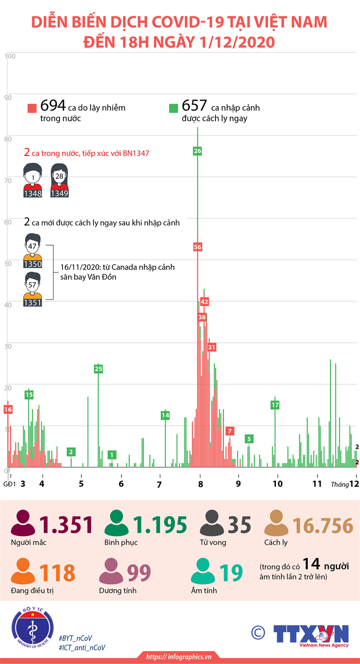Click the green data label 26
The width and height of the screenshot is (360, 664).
click(197, 151)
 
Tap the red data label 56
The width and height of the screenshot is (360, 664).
click(197, 247)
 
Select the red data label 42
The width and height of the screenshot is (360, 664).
click(204, 302)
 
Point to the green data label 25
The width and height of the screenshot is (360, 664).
click(98, 369)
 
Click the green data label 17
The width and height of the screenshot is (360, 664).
click(275, 405)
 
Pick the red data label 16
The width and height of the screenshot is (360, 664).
click(7, 409)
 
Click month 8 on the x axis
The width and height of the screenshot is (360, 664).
click(200, 484)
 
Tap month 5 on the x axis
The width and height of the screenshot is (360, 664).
click(81, 484)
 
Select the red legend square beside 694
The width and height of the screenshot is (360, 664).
click(32, 108)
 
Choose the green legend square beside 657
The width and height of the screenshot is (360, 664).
click(173, 108)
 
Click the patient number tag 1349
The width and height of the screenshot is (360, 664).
click(59, 194)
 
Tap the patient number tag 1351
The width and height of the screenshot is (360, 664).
click(32, 302)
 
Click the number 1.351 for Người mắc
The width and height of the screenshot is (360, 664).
click(67, 525)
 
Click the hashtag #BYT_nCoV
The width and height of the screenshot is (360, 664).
click(75, 638)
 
